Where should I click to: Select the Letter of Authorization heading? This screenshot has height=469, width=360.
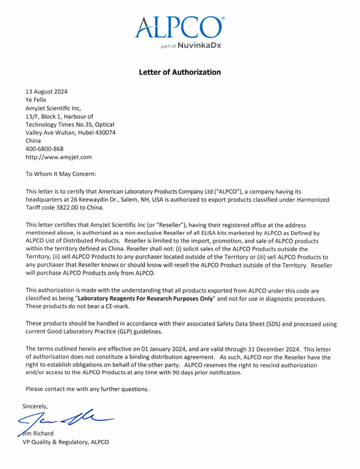coord(179,72)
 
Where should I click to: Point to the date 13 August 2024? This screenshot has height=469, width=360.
coord(46,91)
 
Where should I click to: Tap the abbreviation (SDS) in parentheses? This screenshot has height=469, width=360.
coord(259,324)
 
